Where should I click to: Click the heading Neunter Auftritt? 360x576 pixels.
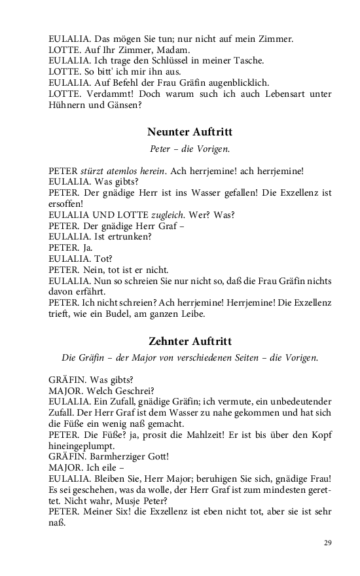pos(190,132)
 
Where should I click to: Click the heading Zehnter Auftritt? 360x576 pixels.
pos(190,341)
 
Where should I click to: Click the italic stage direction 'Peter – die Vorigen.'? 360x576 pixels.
pos(190,149)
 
